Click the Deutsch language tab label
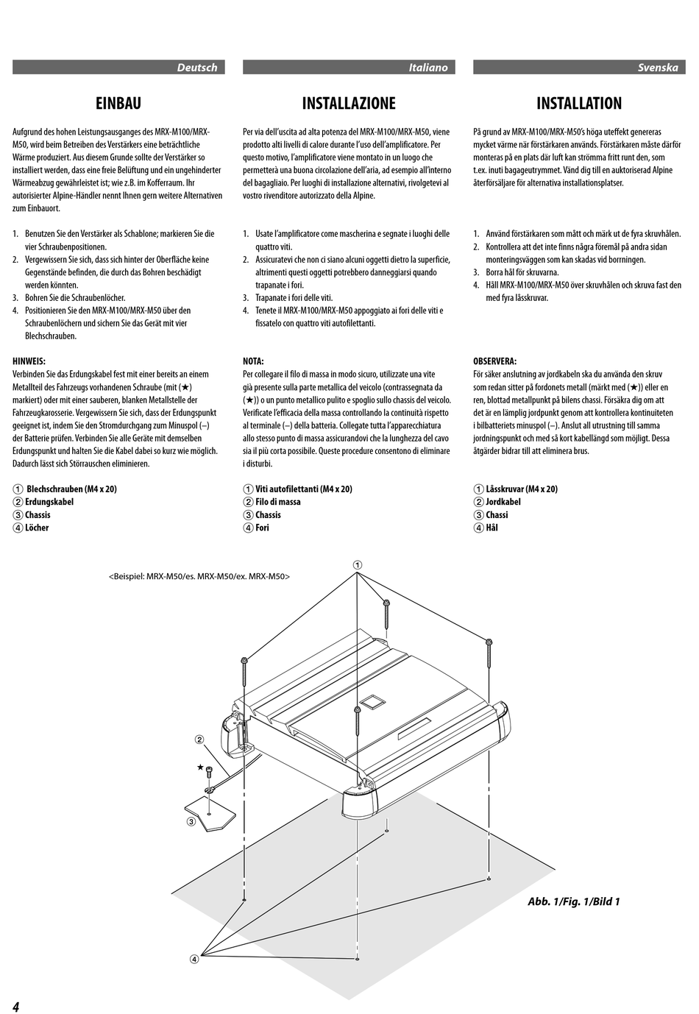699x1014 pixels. [x=196, y=68]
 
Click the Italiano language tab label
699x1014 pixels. [x=427, y=68]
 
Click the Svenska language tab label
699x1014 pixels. [x=657, y=68]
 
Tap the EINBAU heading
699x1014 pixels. [x=118, y=104]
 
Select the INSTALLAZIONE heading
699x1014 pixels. [x=349, y=104]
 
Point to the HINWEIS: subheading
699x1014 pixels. [x=29, y=361]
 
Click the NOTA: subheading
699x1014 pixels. [x=253, y=361]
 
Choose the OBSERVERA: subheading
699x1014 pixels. [x=494, y=361]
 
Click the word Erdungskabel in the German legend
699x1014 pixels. [x=49, y=502]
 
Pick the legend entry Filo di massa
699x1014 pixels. [x=277, y=502]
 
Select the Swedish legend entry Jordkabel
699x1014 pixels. [x=503, y=502]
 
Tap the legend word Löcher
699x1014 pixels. [x=37, y=528]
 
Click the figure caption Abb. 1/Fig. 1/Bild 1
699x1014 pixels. [x=573, y=901]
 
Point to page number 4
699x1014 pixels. [x=15, y=1006]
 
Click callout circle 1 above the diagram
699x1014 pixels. [x=357, y=565]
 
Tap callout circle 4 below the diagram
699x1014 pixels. [x=194, y=959]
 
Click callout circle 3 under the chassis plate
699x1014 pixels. [x=190, y=822]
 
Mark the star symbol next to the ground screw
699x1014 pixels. [x=200, y=767]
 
